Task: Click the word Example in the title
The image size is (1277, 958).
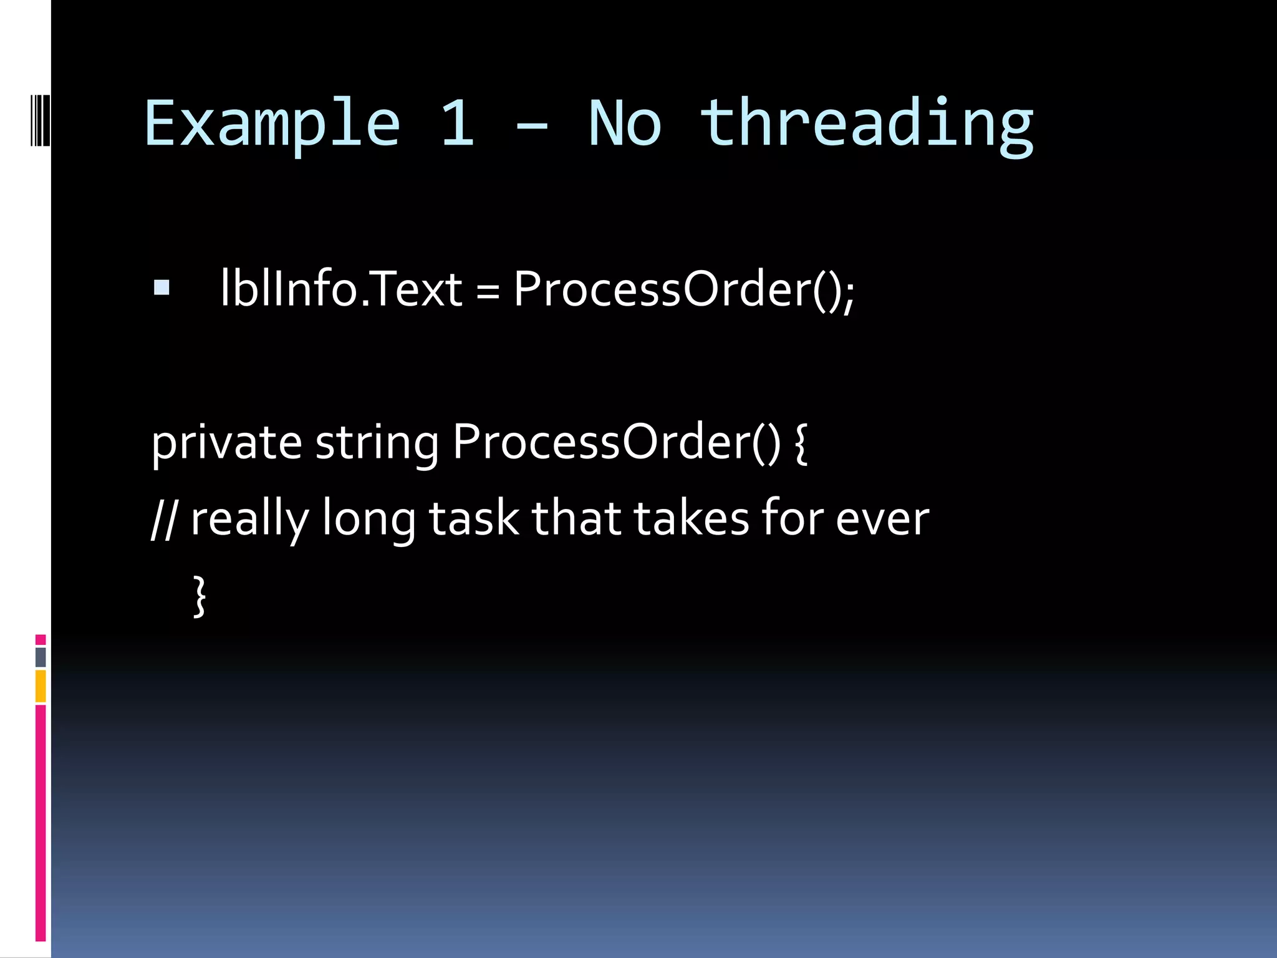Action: (x=272, y=125)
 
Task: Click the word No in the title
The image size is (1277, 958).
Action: (x=625, y=125)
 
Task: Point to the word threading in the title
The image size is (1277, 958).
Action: (x=867, y=125)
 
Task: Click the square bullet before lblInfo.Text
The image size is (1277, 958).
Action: (x=161, y=288)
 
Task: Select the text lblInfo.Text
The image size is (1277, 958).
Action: (x=341, y=289)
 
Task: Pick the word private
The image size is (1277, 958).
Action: (x=227, y=443)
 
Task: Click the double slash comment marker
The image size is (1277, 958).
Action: (x=163, y=519)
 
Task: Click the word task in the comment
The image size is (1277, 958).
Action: (x=474, y=519)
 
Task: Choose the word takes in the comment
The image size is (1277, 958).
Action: (x=692, y=519)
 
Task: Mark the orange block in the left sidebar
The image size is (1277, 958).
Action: (x=41, y=686)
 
